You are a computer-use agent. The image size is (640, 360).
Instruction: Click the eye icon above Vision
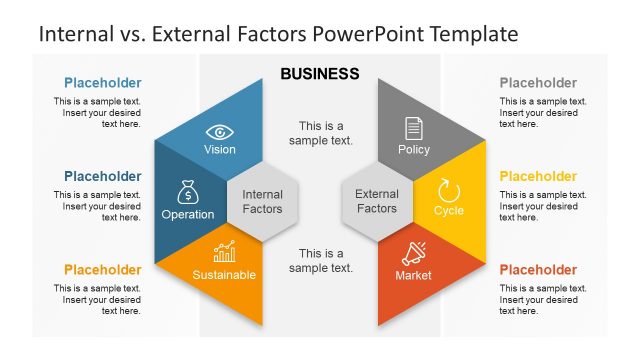[220, 132]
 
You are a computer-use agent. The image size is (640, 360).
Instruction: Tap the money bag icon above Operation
[188, 192]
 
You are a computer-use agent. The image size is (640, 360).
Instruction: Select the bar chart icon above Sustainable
[224, 253]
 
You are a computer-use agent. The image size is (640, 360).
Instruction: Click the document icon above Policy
[413, 128]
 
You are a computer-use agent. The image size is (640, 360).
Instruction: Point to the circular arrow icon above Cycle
[449, 190]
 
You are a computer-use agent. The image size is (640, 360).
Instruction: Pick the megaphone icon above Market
[413, 253]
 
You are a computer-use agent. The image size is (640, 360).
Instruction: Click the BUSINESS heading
[320, 74]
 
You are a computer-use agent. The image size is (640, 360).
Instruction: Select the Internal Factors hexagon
[263, 202]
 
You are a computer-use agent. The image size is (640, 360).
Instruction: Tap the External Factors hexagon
[377, 201]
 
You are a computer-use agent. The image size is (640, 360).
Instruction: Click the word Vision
[220, 150]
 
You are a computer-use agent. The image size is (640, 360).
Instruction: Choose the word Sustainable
[224, 275]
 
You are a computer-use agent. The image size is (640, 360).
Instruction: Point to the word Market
[413, 275]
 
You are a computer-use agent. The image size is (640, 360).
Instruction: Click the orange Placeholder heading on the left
[102, 270]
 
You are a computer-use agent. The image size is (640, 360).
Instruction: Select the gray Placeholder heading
[538, 83]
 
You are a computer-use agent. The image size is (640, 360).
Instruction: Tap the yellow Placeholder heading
[538, 177]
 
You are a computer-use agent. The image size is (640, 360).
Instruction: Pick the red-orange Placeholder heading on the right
[538, 270]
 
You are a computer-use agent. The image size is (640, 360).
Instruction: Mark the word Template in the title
[474, 34]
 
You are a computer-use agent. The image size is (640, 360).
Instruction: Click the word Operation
[188, 214]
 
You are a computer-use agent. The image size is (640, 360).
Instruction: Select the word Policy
[413, 150]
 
